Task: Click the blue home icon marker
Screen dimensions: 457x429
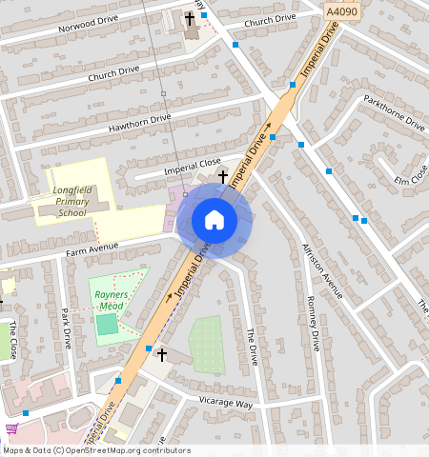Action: [214, 220]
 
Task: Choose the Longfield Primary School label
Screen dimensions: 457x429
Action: [72, 201]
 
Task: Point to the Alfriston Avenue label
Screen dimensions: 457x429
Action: [320, 271]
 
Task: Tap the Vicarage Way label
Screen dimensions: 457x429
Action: [225, 403]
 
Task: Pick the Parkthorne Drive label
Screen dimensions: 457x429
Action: [394, 109]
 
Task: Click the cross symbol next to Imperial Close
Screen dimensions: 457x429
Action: [223, 176]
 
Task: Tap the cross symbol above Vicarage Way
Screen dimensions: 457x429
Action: [162, 355]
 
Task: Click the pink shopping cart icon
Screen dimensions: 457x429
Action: [10, 429]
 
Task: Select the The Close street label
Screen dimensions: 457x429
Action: [13, 340]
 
